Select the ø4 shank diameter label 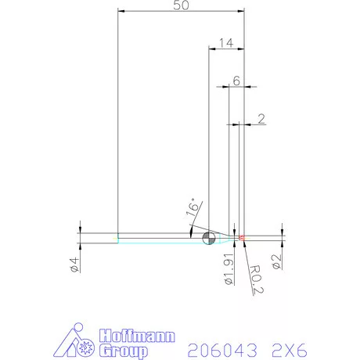(x=73, y=265)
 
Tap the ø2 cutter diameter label (x=276, y=261)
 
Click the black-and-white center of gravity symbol (x=208, y=238)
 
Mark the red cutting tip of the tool (x=242, y=237)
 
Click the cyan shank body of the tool (x=157, y=238)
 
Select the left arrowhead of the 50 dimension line (x=121, y=10)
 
